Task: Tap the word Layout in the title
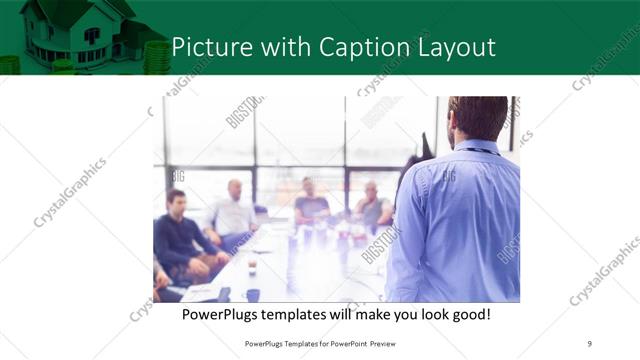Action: pyautogui.click(x=456, y=48)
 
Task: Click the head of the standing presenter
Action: pyautogui.click(x=477, y=118)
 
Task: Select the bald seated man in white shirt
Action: pyautogui.click(x=232, y=212)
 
